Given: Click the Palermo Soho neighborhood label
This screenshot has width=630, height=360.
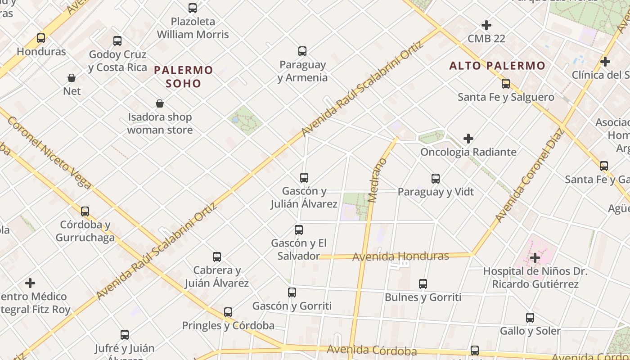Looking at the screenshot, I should coord(183,76).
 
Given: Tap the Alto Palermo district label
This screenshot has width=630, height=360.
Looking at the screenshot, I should coord(497,66).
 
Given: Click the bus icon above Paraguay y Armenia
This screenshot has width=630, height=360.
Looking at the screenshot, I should coord(302,51).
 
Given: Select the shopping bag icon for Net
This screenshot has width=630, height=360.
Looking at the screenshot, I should coord(72,78).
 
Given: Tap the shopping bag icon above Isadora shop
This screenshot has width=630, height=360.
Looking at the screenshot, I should coord(160,104).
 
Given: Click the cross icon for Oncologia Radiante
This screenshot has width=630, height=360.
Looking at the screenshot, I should coord(468,139).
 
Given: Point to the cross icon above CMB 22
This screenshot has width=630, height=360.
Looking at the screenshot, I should coord(486,25).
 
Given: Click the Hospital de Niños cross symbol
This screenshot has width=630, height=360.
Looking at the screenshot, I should coord(535,258).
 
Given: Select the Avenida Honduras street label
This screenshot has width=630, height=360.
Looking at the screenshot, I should coord(400,256).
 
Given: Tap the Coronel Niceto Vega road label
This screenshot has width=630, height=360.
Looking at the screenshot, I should coord(49,153).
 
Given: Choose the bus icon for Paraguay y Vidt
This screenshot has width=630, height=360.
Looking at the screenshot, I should coord(436,179).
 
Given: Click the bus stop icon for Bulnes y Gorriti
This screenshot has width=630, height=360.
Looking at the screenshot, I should coord(423,284).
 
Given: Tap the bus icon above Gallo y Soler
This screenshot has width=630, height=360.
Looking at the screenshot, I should coord(530,318).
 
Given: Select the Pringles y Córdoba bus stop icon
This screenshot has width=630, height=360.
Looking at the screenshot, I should coord(228,312).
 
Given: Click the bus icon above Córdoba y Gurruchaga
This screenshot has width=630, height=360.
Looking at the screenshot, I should coord(85,211).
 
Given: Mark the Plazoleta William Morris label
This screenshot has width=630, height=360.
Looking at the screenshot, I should coord(193,28).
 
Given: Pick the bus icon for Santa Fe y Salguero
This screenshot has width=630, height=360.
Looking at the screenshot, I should coord(506,84).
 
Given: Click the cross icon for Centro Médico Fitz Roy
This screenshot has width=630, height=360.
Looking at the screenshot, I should coord(30,283).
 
